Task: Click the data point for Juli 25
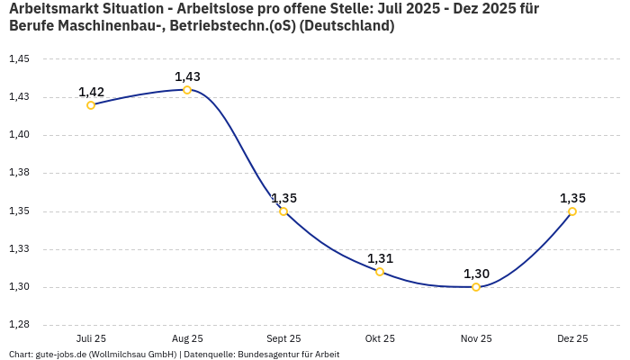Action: click(x=91, y=105)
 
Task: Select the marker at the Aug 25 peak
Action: click(x=187, y=90)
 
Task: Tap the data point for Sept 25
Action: click(x=283, y=211)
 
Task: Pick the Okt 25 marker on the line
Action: click(x=380, y=272)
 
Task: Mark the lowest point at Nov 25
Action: click(x=476, y=287)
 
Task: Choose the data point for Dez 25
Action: click(x=572, y=211)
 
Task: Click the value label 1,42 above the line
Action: click(x=91, y=92)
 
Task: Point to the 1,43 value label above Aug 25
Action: click(x=187, y=76)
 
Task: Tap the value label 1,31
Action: click(x=380, y=258)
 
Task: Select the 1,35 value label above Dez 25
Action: click(x=572, y=198)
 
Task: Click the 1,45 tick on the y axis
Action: click(x=19, y=59)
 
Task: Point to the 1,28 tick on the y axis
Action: click(x=19, y=325)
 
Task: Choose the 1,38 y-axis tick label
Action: click(x=19, y=173)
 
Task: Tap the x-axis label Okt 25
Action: click(x=380, y=338)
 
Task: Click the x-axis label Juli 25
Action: click(x=91, y=338)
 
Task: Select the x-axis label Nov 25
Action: click(x=476, y=338)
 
